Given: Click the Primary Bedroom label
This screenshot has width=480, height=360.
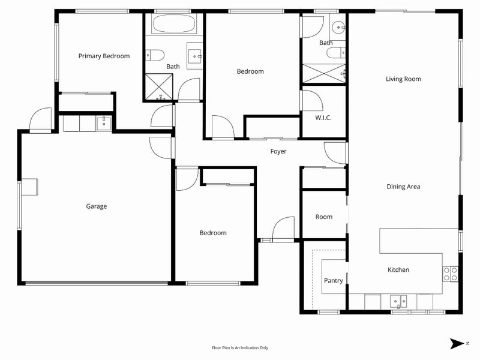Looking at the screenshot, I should pyautogui.click(x=104, y=56).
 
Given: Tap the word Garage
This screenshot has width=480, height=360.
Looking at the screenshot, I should pyautogui.click(x=96, y=206).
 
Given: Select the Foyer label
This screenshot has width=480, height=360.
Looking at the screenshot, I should pyautogui.click(x=278, y=152).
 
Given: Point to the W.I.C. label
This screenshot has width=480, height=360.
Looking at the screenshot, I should pyautogui.click(x=323, y=118).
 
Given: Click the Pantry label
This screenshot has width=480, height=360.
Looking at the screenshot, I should pyautogui.click(x=333, y=280).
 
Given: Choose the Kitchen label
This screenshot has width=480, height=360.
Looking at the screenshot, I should pyautogui.click(x=398, y=270).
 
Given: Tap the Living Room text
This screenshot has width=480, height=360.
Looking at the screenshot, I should pyautogui.click(x=403, y=79).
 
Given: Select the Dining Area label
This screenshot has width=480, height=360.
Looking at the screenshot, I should pyautogui.click(x=403, y=187).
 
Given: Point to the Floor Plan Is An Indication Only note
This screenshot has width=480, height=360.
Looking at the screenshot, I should pyautogui.click(x=239, y=347).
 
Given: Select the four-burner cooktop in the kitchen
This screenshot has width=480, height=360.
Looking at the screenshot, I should pyautogui.click(x=450, y=274).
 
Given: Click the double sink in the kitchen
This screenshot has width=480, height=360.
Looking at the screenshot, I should pyautogui.click(x=398, y=301).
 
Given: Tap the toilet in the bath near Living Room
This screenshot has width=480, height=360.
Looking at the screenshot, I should pyautogui.click(x=335, y=54).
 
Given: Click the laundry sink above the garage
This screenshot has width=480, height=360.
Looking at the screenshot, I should pyautogui.click(x=103, y=124).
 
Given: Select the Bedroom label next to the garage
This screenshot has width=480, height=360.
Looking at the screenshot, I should pyautogui.click(x=213, y=233).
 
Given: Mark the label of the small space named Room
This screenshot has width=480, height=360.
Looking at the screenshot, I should pyautogui.click(x=323, y=217).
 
